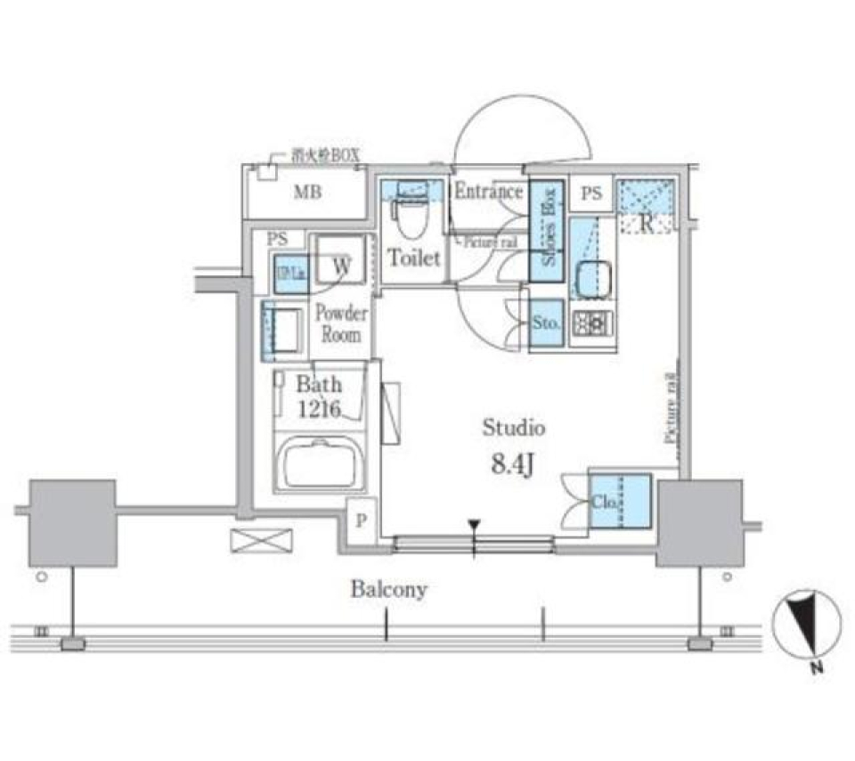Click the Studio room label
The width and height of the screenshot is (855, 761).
tap(513, 428)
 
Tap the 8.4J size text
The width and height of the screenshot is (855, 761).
tap(513, 464)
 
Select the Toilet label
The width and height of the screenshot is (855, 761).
tap(413, 258)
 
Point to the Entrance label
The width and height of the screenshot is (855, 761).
tap(488, 192)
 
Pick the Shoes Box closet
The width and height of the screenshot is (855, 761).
tap(547, 232)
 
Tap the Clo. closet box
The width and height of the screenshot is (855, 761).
tap(620, 502)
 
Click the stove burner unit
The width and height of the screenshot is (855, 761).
tap(591, 322)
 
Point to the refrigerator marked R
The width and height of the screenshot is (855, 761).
tap(647, 208)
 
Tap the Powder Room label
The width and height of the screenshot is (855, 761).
tap(341, 324)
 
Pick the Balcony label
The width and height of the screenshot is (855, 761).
tap(388, 589)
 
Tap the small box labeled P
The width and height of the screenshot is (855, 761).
tap(360, 521)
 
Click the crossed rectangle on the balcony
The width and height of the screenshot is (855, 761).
tap(261, 540)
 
